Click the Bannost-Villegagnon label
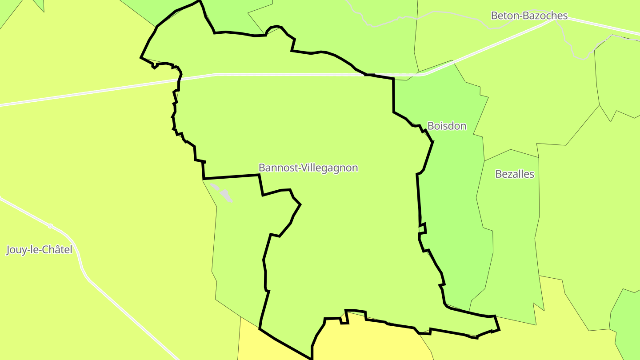308,168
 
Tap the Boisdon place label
447,126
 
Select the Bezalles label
515,174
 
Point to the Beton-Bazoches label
529,16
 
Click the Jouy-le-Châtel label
39,250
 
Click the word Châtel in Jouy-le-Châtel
57,250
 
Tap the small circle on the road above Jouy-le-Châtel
50,226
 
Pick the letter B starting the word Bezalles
498,174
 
